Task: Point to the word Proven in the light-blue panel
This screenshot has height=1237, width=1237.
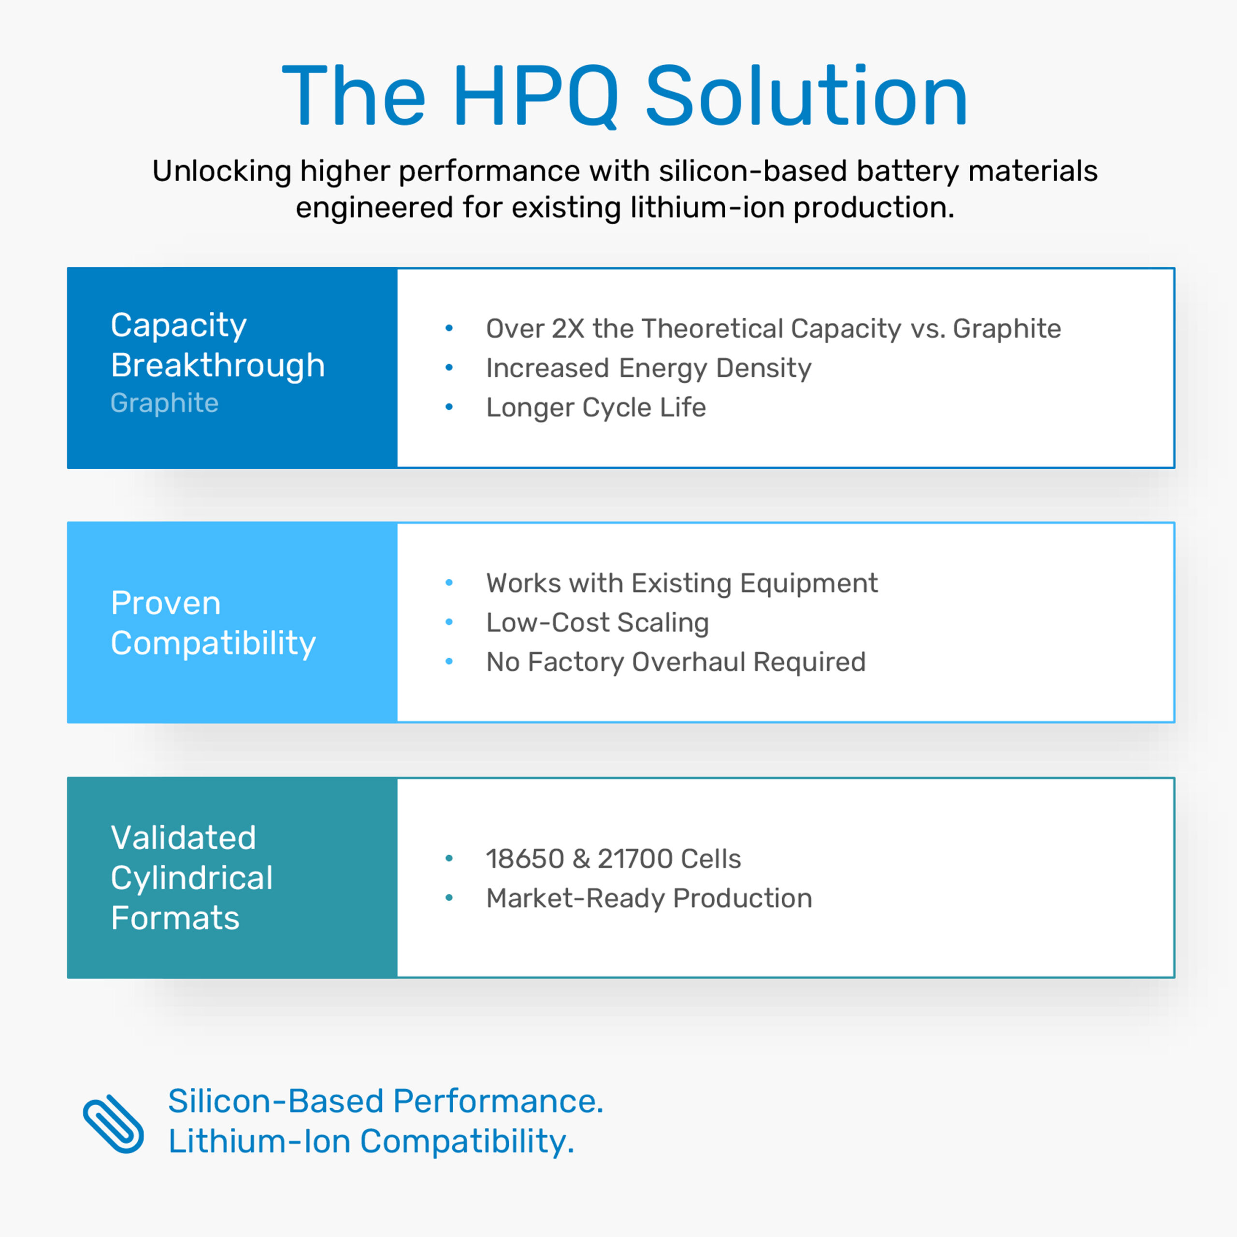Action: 166,603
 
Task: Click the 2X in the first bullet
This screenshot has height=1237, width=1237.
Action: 568,329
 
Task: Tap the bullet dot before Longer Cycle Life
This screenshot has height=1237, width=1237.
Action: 449,407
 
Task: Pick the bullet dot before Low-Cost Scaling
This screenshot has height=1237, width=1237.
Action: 449,622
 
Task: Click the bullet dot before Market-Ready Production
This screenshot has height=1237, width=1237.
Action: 449,898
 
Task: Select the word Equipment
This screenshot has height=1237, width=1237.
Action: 809,584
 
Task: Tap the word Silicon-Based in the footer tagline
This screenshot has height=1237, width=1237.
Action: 275,1101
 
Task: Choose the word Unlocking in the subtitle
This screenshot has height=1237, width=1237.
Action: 221,172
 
